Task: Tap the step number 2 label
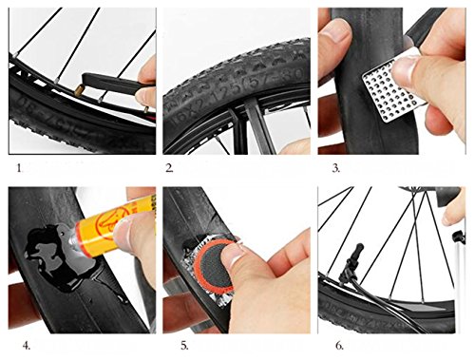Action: [169, 168]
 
